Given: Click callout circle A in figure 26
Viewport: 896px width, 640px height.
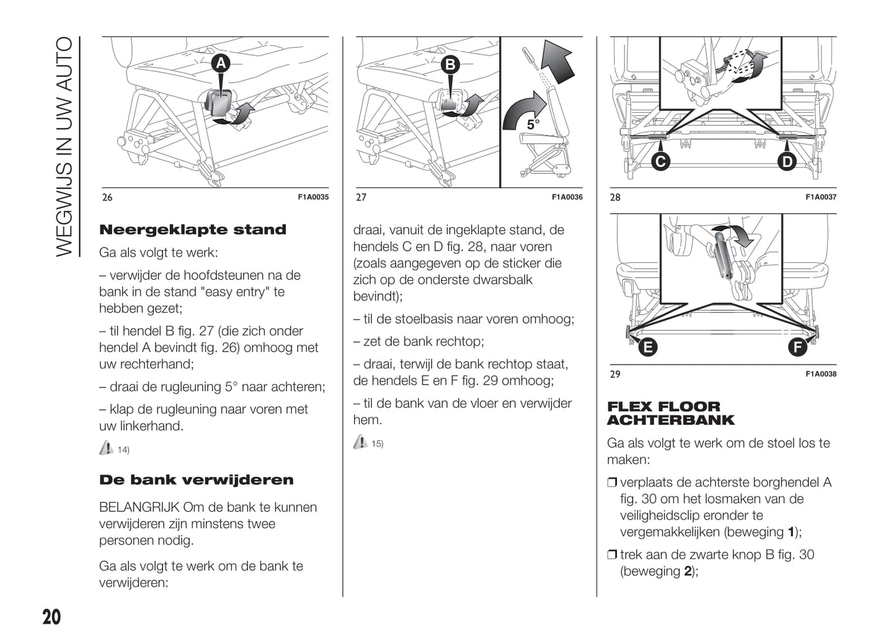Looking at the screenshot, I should (x=221, y=63).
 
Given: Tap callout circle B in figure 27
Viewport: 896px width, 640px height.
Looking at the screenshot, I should (x=451, y=64).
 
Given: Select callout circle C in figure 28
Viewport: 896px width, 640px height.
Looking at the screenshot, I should (x=660, y=162).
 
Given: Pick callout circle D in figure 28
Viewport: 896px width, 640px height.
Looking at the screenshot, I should (x=787, y=162).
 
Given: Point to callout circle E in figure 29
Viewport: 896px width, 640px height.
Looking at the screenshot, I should (x=647, y=347).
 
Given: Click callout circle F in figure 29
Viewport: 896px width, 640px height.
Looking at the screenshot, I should (x=797, y=347).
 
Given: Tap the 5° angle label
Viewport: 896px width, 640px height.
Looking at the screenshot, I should (x=533, y=125).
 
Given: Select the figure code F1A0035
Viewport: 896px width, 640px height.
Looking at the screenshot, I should (x=313, y=197).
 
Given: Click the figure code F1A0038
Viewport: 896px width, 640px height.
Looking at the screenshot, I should (x=821, y=374).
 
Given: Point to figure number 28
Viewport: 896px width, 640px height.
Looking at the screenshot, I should (x=614, y=197).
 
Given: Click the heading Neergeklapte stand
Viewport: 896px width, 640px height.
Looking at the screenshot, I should (x=193, y=229).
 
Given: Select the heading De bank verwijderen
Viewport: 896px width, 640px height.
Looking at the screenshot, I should (x=197, y=480).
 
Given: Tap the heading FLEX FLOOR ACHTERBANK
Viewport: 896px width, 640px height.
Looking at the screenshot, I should (x=670, y=414).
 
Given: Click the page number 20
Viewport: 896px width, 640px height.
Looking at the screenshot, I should (x=51, y=617).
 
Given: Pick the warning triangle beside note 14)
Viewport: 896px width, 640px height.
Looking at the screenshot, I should (x=106, y=448).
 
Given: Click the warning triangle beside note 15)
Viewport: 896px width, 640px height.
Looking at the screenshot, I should (x=360, y=442).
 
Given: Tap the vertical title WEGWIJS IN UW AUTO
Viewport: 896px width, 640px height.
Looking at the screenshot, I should (x=64, y=146).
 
